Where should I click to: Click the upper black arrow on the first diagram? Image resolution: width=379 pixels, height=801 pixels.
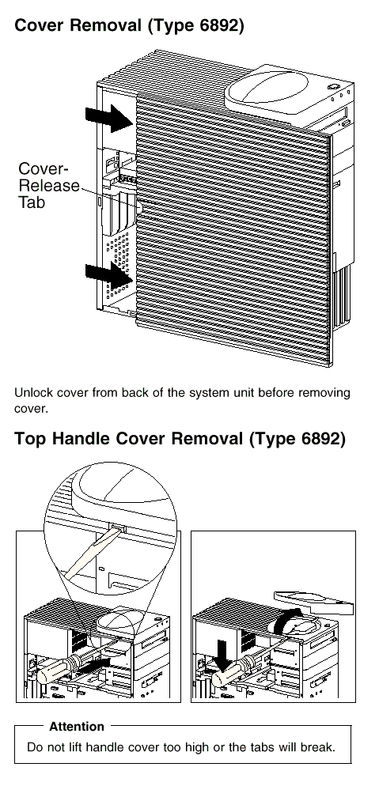pyautogui.click(x=109, y=118)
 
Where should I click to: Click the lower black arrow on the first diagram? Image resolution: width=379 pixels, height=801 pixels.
pyautogui.click(x=109, y=277)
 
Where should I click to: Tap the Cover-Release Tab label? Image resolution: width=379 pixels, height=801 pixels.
pyautogui.click(x=49, y=186)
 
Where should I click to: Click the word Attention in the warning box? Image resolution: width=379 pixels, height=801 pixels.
pyautogui.click(x=77, y=727)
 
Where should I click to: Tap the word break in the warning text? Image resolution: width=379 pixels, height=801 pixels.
pyautogui.click(x=318, y=747)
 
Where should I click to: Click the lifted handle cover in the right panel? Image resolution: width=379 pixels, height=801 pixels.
pyautogui.click(x=313, y=602)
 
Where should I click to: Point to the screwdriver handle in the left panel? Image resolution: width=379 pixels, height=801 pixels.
pyautogui.click(x=57, y=669)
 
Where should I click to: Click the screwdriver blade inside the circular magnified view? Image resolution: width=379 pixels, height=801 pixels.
pyautogui.click(x=92, y=554)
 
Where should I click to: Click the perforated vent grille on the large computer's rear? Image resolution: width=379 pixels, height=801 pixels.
pyautogui.click(x=118, y=265)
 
